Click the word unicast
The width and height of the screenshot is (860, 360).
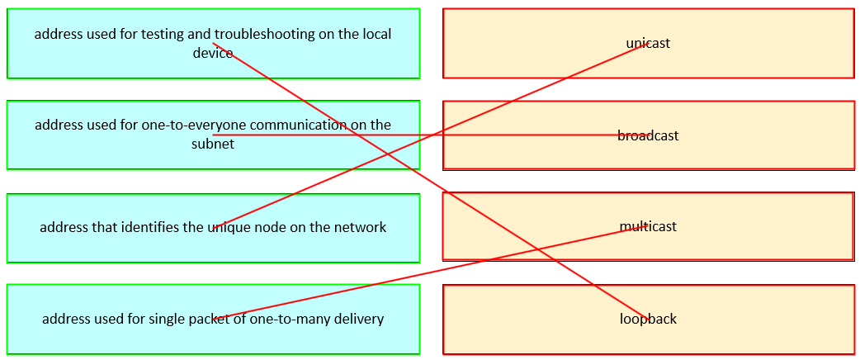[x=648, y=43]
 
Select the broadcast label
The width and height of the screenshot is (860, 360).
[x=648, y=135]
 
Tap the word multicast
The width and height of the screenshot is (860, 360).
[x=648, y=226]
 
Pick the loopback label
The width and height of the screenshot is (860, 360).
[x=648, y=319]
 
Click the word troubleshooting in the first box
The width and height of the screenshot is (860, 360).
[x=263, y=34]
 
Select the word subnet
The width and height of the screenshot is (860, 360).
[x=213, y=144]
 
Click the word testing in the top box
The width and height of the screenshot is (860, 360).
[x=165, y=34]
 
